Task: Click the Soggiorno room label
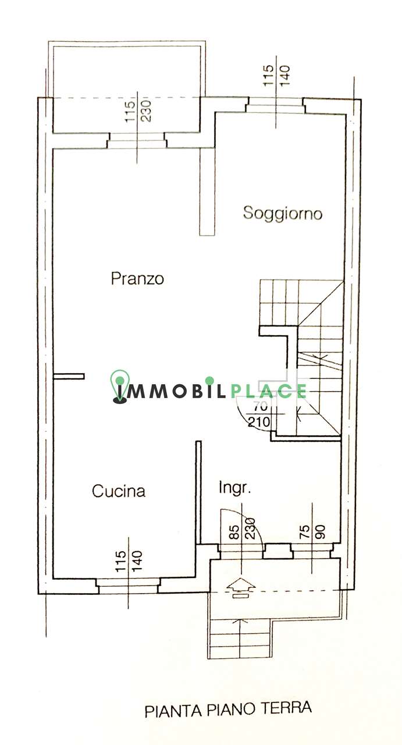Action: (283, 213)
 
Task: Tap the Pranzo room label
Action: (137, 278)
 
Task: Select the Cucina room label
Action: (119, 491)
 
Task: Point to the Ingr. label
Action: (234, 488)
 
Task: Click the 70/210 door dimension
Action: (259, 414)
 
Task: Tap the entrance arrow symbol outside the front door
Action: (241, 587)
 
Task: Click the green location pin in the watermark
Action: (120, 387)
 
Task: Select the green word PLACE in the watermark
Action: (268, 391)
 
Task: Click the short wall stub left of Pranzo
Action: (69, 376)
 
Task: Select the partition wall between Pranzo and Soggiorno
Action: (207, 191)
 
